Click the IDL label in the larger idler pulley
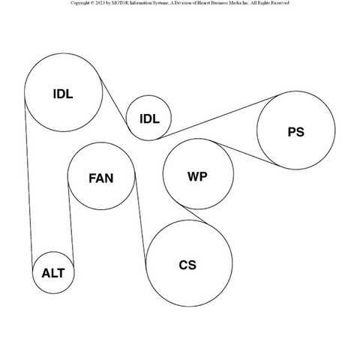63,94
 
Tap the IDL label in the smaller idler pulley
149,119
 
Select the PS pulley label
296,132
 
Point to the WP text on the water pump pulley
197,176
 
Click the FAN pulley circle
67,176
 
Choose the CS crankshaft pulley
146,263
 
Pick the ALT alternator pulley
32,272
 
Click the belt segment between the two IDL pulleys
115,104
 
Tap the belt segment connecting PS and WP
247,154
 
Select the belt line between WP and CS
194,214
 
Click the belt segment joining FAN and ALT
70,225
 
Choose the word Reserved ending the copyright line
280,3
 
